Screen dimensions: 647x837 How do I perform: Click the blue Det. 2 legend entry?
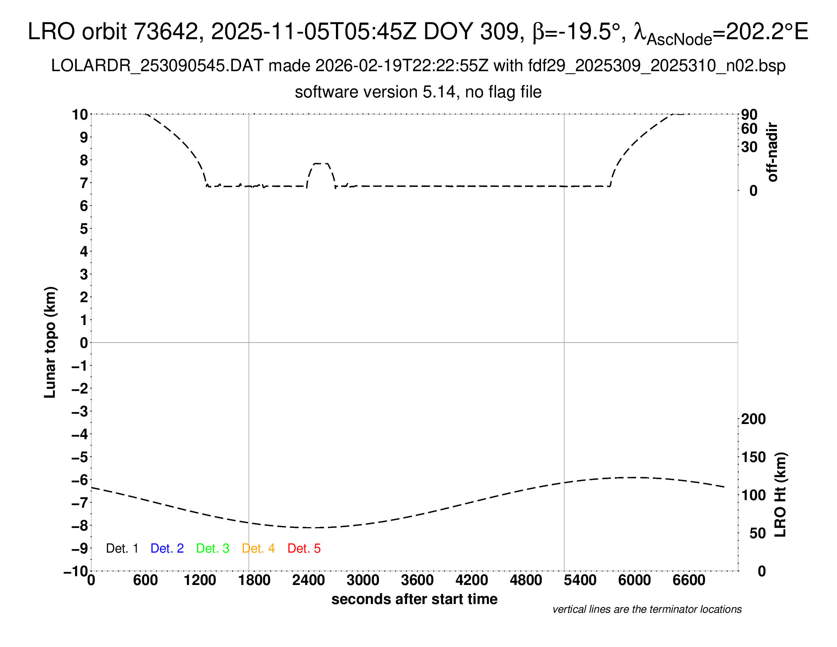coord(167,548)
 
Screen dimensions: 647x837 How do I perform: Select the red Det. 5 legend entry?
coord(304,548)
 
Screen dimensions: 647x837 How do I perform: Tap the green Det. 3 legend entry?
coord(213,548)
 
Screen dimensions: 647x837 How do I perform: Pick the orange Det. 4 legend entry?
coord(258,548)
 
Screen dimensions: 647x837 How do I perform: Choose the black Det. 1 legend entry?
coord(122,548)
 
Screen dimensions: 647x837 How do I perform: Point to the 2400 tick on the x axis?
coord(309,580)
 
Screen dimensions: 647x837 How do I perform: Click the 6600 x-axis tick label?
coord(689,580)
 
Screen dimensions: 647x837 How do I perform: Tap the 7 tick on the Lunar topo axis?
coord(84,183)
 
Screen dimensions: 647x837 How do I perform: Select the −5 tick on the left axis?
coord(80,457)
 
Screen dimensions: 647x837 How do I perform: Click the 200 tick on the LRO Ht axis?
coord(753,419)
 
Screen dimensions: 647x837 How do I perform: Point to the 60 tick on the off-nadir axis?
coord(749,129)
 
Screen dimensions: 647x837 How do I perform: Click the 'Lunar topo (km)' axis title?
coord(50,342)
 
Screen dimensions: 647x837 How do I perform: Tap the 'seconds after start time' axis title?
coord(414,599)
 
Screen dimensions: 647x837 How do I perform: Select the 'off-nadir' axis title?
coord(773,152)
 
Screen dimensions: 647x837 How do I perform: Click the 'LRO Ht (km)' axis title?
coord(780,495)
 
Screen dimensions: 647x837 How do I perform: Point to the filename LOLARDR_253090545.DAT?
coord(157,66)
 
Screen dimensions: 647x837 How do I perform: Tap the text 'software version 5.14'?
coord(375,92)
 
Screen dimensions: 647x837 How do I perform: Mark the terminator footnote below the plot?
coord(647,609)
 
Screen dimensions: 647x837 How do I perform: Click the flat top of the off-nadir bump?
coord(321,164)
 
